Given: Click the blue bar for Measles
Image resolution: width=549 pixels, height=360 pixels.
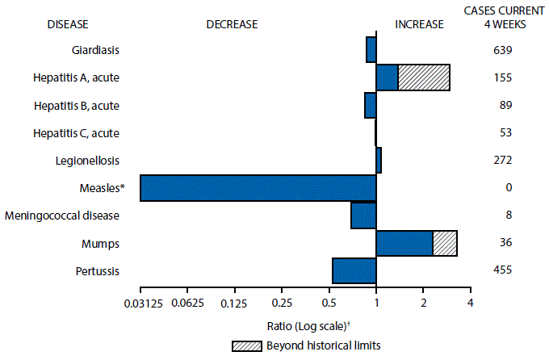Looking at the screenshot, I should pos(258,188).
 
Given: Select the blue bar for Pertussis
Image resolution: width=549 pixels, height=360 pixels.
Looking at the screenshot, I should pos(354,271).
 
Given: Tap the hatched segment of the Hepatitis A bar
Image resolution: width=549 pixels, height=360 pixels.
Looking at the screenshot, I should pos(423,77).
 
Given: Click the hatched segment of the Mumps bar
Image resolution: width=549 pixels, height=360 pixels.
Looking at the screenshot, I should pos(445,243).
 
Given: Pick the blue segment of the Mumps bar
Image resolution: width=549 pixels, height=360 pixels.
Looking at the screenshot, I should pos(404,243).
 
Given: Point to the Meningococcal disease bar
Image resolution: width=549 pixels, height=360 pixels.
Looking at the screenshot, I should pos(363,216).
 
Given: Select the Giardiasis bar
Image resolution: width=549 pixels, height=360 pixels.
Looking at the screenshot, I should pos(371,50).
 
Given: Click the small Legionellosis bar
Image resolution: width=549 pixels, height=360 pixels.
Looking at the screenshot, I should pos(379,160).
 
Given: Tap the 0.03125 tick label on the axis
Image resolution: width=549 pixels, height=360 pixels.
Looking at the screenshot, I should pos(140,302).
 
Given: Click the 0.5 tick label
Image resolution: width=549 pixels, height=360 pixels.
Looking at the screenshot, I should pos(329,302).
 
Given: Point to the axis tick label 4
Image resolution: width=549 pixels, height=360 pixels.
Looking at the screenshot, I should pos(470,302).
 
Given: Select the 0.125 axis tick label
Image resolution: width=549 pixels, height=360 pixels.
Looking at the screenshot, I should pos(234,302).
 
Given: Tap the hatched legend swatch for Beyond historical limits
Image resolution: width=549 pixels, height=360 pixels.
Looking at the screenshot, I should pos(245,345).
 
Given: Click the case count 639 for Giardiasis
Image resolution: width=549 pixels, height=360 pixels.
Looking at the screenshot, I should pos(503,50).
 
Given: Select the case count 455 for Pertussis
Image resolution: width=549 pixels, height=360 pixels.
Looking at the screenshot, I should pos(503,271).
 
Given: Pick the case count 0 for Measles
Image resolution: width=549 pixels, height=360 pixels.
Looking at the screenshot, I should pos(503,188).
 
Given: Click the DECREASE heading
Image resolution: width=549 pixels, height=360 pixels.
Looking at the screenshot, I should pos(232,24).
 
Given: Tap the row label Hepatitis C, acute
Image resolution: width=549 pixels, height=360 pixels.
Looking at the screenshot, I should pos(77,132).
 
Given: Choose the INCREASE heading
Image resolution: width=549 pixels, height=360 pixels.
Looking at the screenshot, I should pos(419,24).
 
